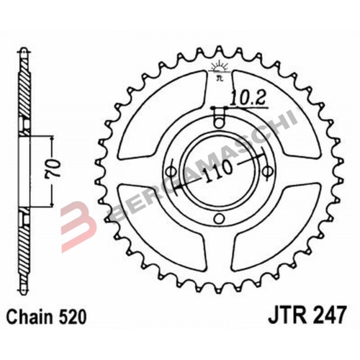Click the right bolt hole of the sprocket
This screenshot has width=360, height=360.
[267, 171]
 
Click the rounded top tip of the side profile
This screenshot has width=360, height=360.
[23, 53]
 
